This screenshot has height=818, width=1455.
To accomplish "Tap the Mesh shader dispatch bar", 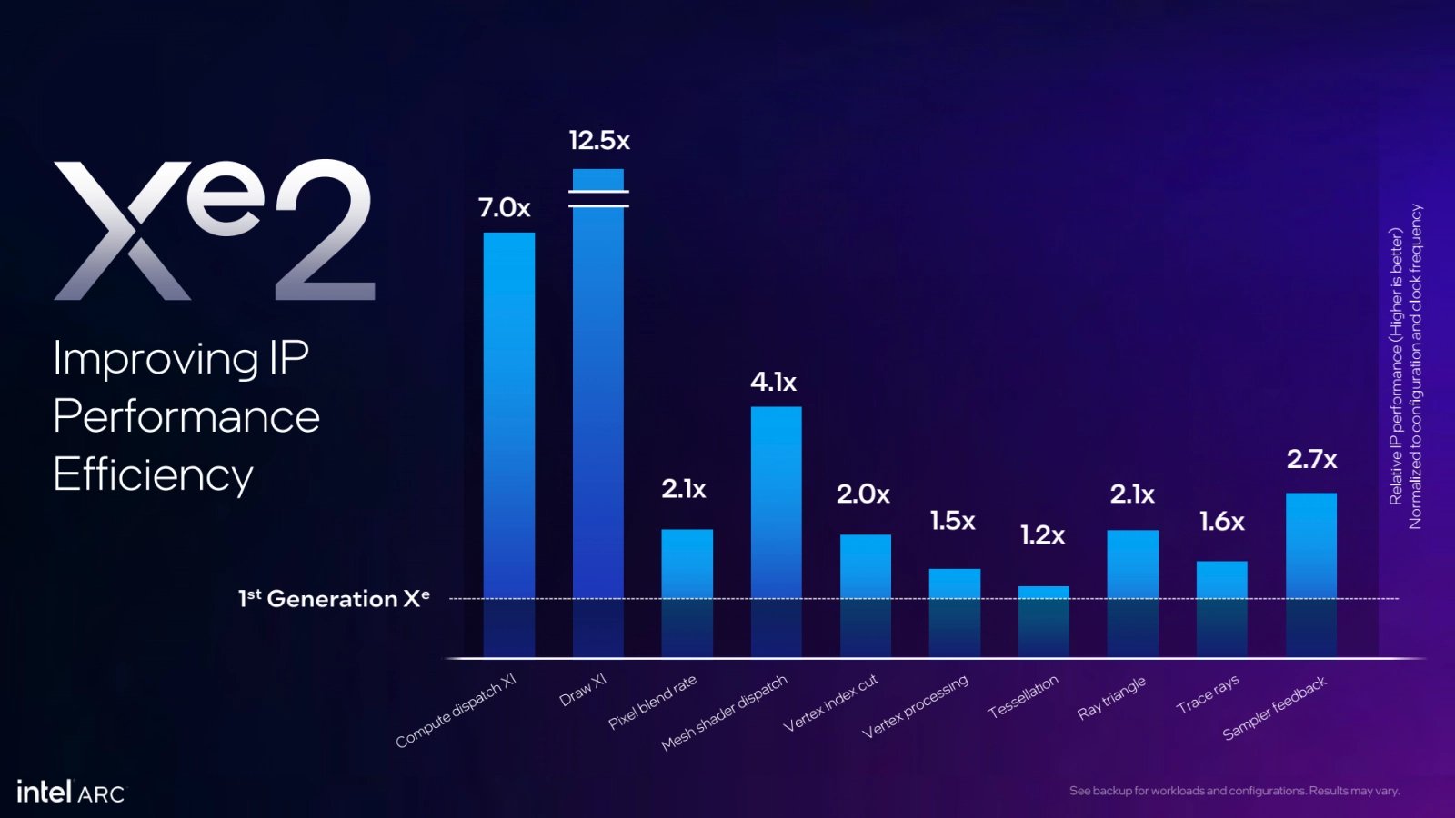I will (776, 531).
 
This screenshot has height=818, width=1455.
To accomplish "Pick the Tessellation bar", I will (1043, 622).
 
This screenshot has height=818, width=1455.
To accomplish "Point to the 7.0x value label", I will (504, 208).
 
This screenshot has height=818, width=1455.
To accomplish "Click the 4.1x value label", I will (773, 383).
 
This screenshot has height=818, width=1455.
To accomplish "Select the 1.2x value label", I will (1042, 535).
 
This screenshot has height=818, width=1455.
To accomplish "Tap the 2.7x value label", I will (1311, 460).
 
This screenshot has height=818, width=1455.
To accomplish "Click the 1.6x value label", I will (1221, 522).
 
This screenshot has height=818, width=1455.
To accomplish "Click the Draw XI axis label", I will (583, 691).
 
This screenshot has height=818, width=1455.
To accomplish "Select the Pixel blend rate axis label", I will (653, 702).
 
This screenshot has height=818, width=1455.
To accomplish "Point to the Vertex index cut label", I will (830, 703).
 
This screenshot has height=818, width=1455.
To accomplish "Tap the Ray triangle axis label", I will (1111, 698).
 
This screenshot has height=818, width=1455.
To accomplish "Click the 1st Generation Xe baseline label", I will (334, 599).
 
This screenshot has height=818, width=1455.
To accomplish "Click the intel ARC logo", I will (70, 793).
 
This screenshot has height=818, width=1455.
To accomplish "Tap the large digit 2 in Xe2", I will (324, 232).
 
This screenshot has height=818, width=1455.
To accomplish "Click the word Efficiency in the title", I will (153, 475).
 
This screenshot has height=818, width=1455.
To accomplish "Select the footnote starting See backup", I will (1234, 791).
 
